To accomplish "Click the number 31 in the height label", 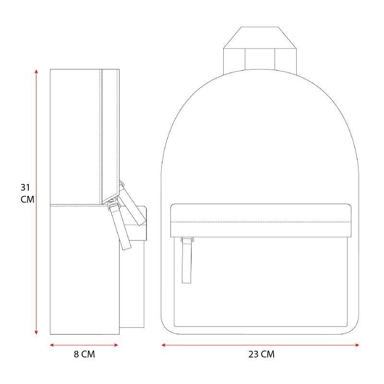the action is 25,188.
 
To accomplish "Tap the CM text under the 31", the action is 27,199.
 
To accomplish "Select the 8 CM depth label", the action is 84,354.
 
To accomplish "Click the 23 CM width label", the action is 261,354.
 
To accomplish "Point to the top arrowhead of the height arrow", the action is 36,71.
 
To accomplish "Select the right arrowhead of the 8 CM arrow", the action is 116,345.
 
